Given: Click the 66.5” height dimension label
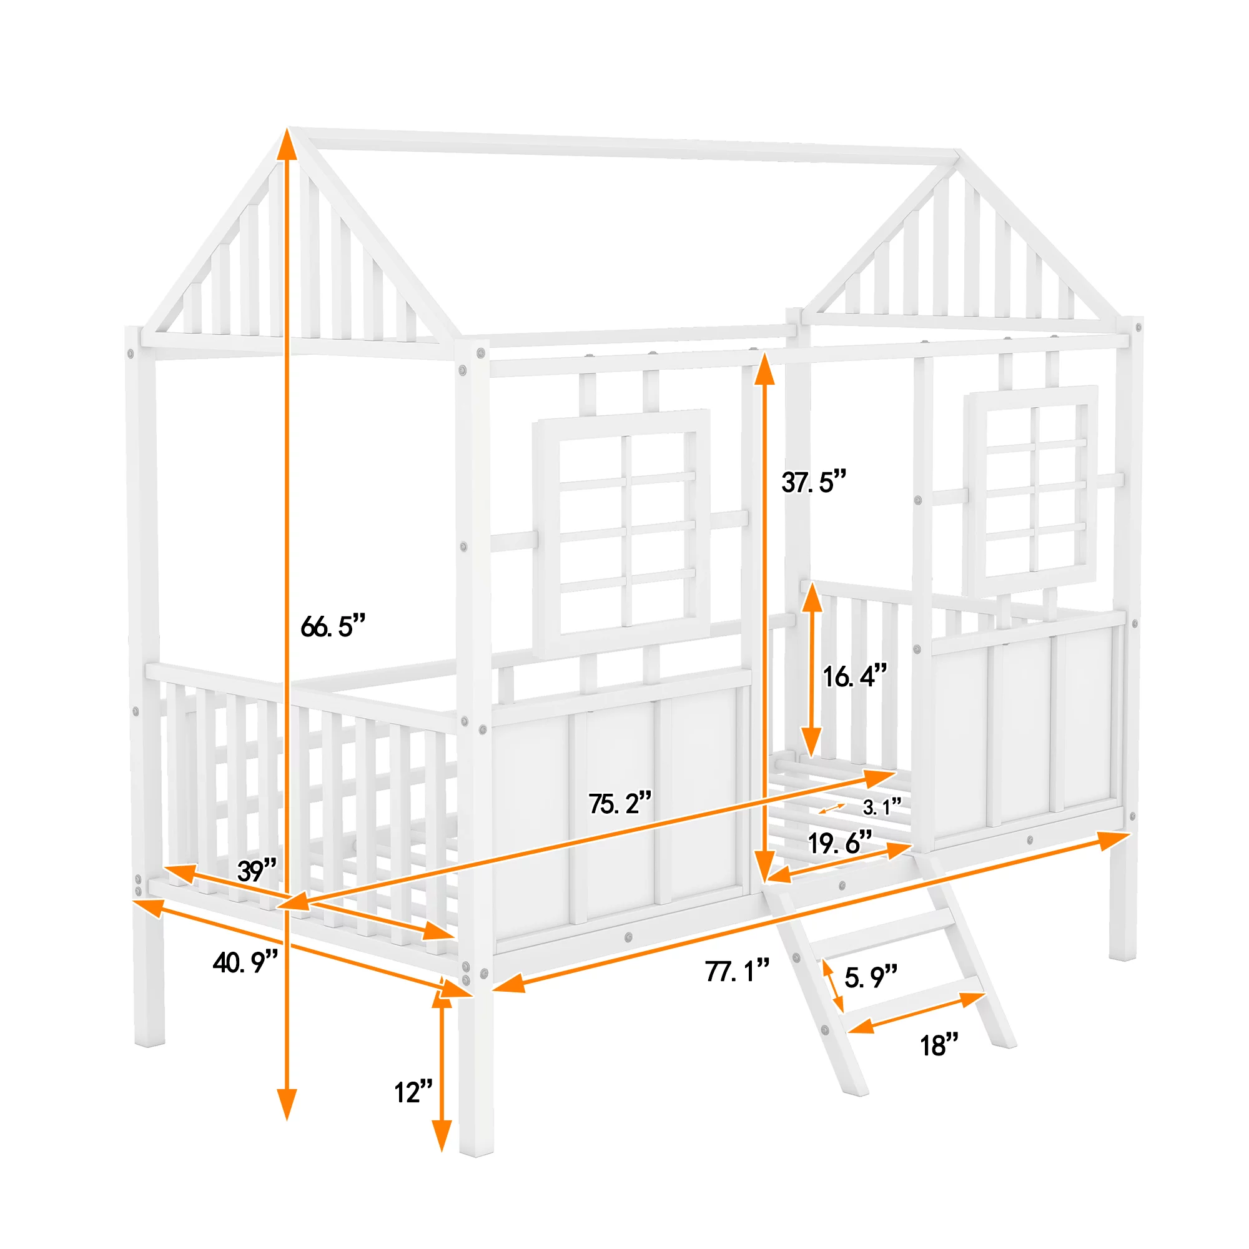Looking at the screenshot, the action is tap(333, 626).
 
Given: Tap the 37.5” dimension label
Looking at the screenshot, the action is tap(814, 481).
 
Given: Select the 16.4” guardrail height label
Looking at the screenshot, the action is tap(855, 676).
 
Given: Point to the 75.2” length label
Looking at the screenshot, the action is tap(620, 803).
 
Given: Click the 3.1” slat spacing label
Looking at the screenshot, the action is tap(882, 807).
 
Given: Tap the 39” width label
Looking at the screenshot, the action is tap(257, 871).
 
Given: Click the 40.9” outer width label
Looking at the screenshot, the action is tap(245, 962).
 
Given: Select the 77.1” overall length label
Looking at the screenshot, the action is tap(737, 971).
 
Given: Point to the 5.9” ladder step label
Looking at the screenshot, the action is tap(871, 977).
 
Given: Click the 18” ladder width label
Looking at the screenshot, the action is tap(939, 1045).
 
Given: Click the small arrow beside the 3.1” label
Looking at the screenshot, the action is tap(831, 808).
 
